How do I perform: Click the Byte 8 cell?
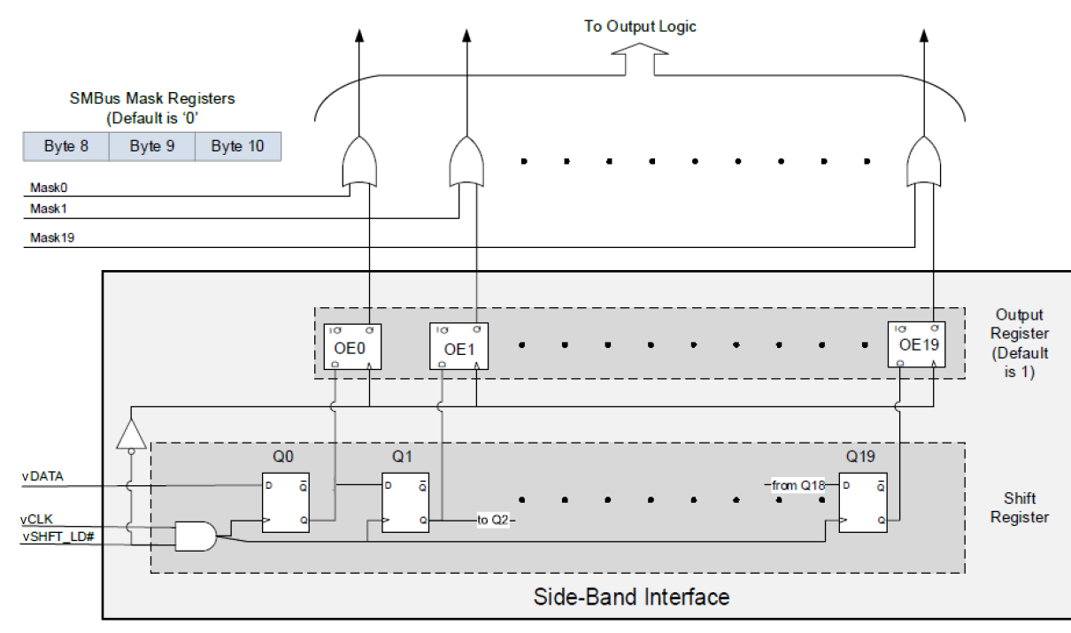coord(66,147)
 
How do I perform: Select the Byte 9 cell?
coord(151,147)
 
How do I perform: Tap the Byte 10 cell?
coord(237,147)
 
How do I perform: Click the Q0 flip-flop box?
coord(285,502)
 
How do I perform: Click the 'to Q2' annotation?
coord(494,520)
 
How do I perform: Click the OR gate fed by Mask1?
coord(466,160)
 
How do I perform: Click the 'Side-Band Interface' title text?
coord(631,596)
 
